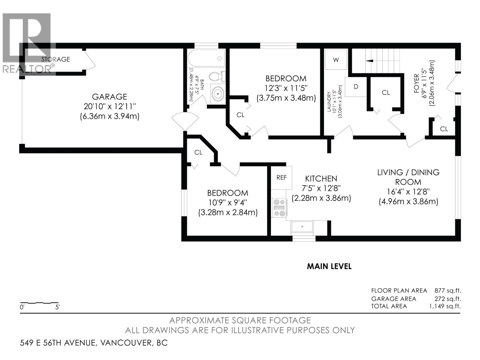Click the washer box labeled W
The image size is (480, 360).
[x=336, y=60]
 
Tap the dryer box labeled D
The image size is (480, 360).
[x=356, y=87]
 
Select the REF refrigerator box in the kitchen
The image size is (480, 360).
[x=281, y=178]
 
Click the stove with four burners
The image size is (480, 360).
[x=279, y=208]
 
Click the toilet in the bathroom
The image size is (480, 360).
[x=217, y=76]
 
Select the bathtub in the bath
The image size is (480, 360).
[x=207, y=58]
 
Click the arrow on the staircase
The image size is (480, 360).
[x=369, y=61]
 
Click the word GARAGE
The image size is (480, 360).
[x=109, y=97]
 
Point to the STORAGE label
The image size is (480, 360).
[x=55, y=59]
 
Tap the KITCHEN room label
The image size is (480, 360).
[x=321, y=179]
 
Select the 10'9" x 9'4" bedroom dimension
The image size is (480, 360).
[x=228, y=202]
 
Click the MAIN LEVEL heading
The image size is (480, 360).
[x=329, y=266]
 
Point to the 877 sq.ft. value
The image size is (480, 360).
[x=448, y=290]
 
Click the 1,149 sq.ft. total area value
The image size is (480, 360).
[x=445, y=306]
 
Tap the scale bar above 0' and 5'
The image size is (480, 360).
[x=39, y=303]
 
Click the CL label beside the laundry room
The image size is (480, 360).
[x=386, y=93]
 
